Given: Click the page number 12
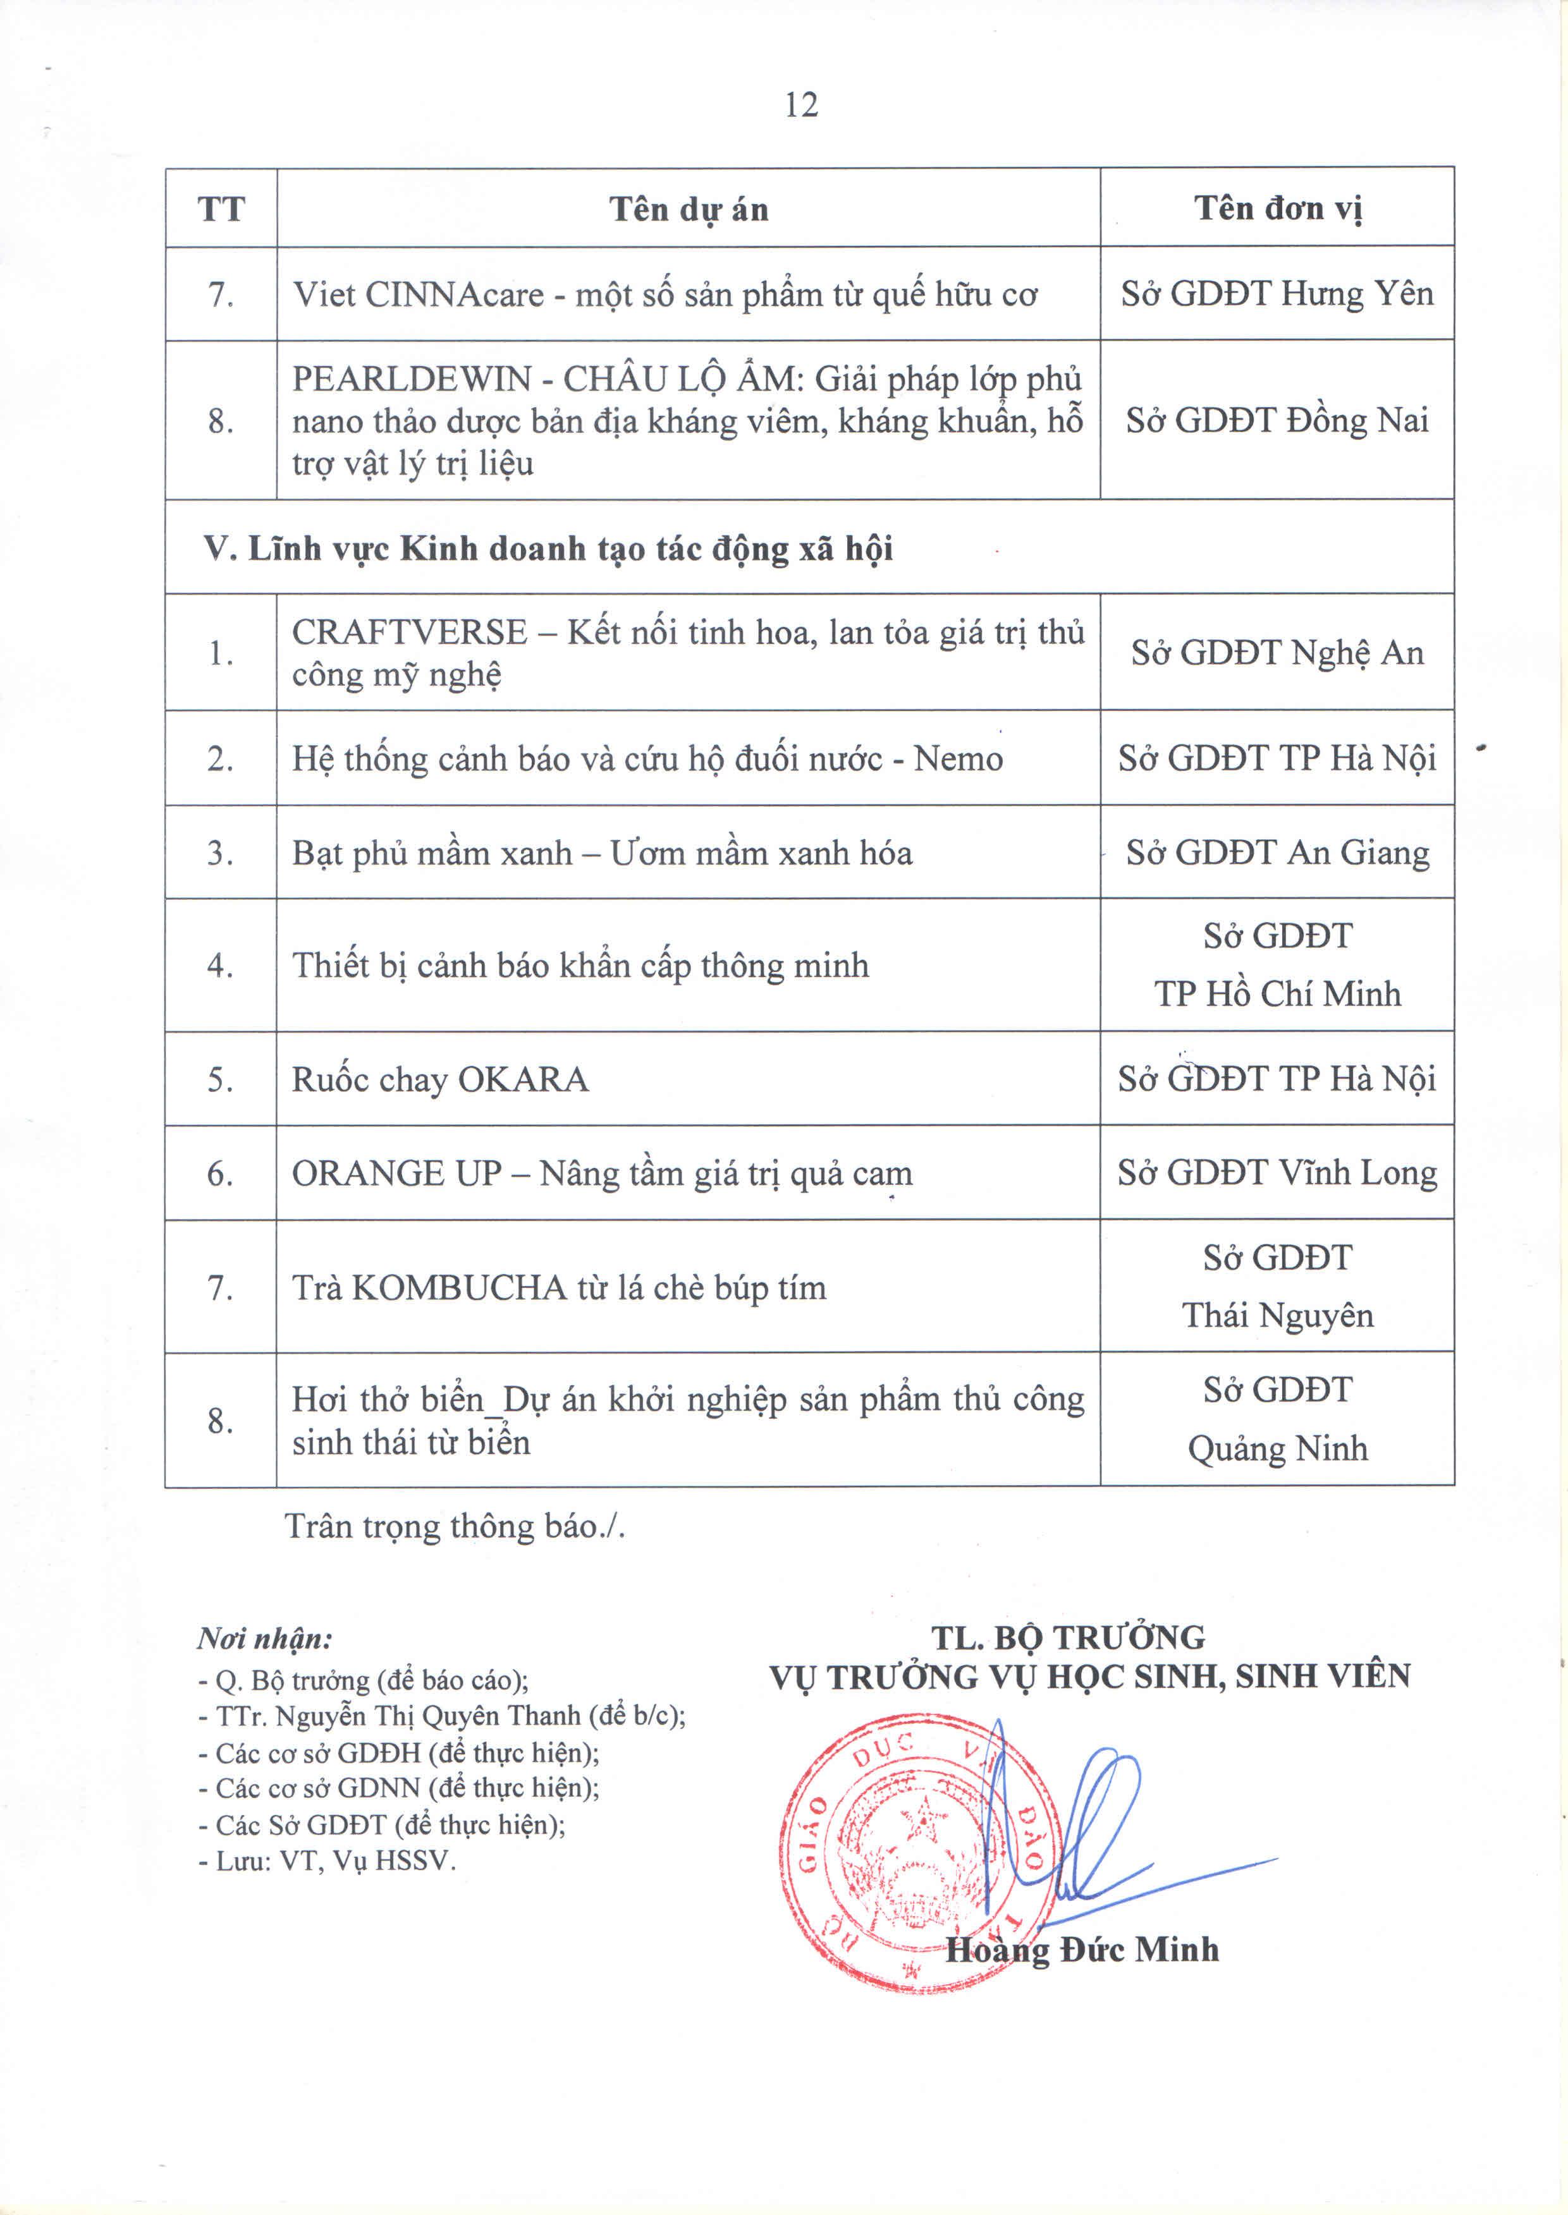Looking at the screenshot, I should coord(801,104).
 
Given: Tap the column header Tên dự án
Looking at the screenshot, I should coord(689,209).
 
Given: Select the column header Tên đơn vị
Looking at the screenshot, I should coord(1277,207).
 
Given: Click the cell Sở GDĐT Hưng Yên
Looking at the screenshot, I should coord(1277,293).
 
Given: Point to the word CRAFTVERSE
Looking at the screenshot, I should coord(409,632).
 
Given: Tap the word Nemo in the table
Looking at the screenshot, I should coord(958,758).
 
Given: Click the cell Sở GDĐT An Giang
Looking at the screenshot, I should coord(1277,853).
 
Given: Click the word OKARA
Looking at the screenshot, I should coord(522,1079).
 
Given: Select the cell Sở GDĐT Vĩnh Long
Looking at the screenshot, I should coord(1277,1174).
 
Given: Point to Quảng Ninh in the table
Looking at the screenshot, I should coord(1277,1448).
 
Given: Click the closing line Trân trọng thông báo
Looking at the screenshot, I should coord(455,1527).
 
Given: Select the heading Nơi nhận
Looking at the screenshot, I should coord(264,1638).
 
